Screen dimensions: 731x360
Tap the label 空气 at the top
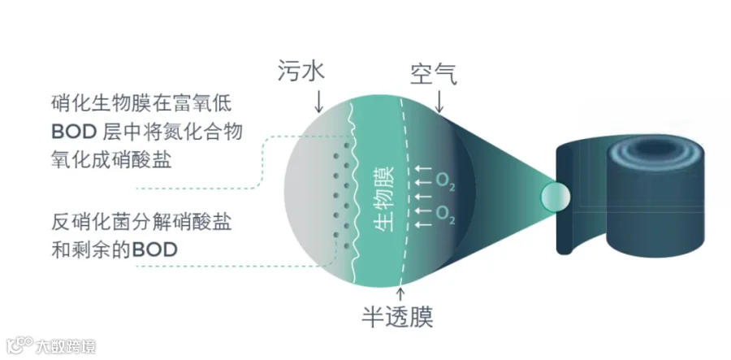434,75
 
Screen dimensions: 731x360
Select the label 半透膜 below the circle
398,317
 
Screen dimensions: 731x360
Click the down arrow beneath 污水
318,102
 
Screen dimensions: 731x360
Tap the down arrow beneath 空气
439,102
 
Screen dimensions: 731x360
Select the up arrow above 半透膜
400,295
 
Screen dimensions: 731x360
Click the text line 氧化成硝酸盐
111,159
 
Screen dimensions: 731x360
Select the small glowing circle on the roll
556,196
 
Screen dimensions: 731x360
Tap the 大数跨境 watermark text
66,346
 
